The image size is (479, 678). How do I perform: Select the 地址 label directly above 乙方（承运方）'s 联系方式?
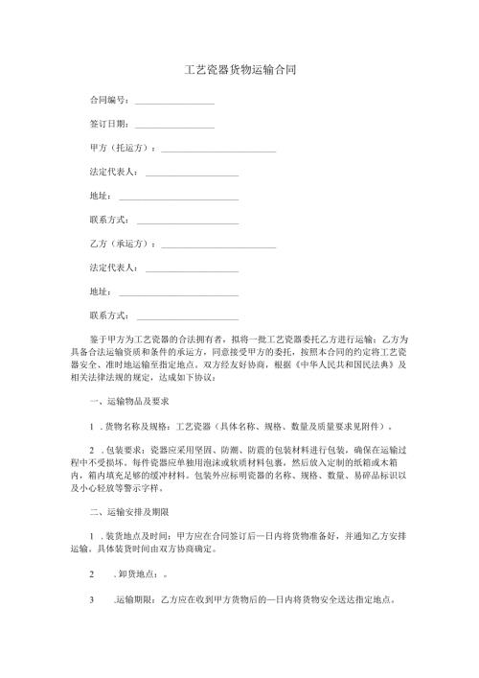click(x=99, y=290)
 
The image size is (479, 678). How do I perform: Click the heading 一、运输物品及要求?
click(x=129, y=402)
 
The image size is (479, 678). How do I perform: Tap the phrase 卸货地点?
click(x=135, y=573)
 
